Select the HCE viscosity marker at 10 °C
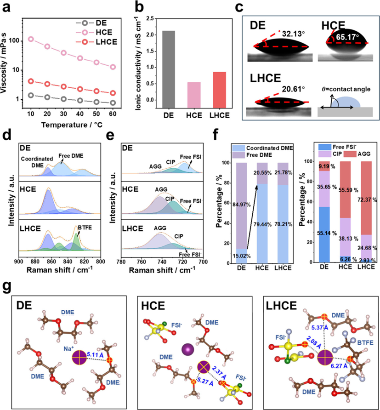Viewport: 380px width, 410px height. click(x=31, y=40)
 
